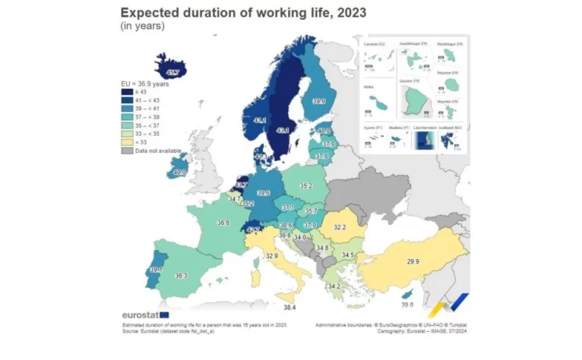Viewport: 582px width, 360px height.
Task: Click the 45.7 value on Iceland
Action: click(173, 73)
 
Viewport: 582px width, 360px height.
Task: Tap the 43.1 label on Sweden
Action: click(283, 130)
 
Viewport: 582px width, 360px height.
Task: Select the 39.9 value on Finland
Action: click(318, 101)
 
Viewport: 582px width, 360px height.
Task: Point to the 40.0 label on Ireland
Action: click(180, 172)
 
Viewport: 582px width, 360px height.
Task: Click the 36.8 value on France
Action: click(223, 223)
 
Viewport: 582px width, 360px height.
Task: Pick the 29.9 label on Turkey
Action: click(413, 261)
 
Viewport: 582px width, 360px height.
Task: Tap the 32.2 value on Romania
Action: click(339, 227)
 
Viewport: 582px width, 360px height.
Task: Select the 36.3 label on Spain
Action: click(180, 276)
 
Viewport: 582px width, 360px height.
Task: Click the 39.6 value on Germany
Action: click(264, 193)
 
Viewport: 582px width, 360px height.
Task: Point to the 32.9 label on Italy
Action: click(272, 256)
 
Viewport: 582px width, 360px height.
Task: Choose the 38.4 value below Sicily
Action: click(289, 308)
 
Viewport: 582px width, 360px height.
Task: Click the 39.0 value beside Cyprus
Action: click(407, 305)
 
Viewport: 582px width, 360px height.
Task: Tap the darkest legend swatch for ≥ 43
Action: click(127, 92)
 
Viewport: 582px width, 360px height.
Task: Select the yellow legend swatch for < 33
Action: click(127, 142)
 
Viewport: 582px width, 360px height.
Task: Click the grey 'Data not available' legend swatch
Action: click(127, 151)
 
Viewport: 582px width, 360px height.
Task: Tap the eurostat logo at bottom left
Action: click(145, 315)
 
